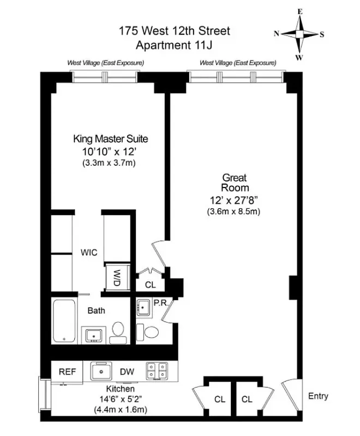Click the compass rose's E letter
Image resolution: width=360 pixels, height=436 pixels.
(x=299, y=10)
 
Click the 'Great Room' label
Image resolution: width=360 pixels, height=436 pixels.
(x=234, y=183)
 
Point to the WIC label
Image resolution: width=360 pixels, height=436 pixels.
(x=89, y=253)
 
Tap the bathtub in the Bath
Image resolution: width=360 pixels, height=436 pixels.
(x=65, y=321)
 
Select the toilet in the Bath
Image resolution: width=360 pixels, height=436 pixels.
(x=117, y=331)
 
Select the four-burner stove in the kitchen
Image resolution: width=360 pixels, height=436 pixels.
(x=158, y=371)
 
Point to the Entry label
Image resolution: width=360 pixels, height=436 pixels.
(x=318, y=396)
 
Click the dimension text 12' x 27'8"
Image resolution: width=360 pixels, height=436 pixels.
(x=234, y=199)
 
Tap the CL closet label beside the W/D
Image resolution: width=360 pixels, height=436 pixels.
(x=150, y=284)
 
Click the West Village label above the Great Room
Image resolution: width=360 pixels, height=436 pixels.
(x=238, y=63)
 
